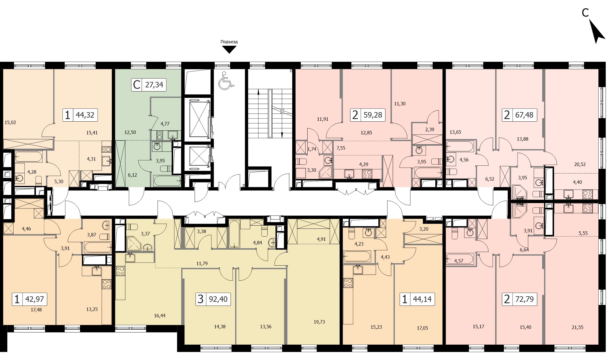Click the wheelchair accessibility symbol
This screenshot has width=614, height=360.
[226, 80]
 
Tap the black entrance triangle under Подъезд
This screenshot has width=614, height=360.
[229, 50]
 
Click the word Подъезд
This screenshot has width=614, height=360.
[229, 42]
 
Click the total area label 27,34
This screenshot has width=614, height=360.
[154, 85]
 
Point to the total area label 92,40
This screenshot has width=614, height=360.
[218, 299]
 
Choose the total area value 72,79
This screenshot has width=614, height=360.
[525, 299]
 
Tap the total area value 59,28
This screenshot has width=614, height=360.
[373, 115]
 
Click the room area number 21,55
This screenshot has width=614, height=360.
[578, 327]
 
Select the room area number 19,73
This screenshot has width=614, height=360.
[319, 322]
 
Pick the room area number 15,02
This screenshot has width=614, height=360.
[10, 123]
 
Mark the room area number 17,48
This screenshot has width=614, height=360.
[36, 310]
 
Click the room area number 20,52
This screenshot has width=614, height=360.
[580, 164]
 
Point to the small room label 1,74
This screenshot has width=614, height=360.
[312, 149]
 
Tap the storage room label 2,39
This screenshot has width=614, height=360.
[430, 129]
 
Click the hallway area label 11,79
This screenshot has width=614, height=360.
[202, 264]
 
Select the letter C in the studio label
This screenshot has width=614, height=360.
[136, 85]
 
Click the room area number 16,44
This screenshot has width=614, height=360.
[160, 316]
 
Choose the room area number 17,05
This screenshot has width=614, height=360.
[422, 328]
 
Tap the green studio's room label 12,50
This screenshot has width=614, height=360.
[130, 132]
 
